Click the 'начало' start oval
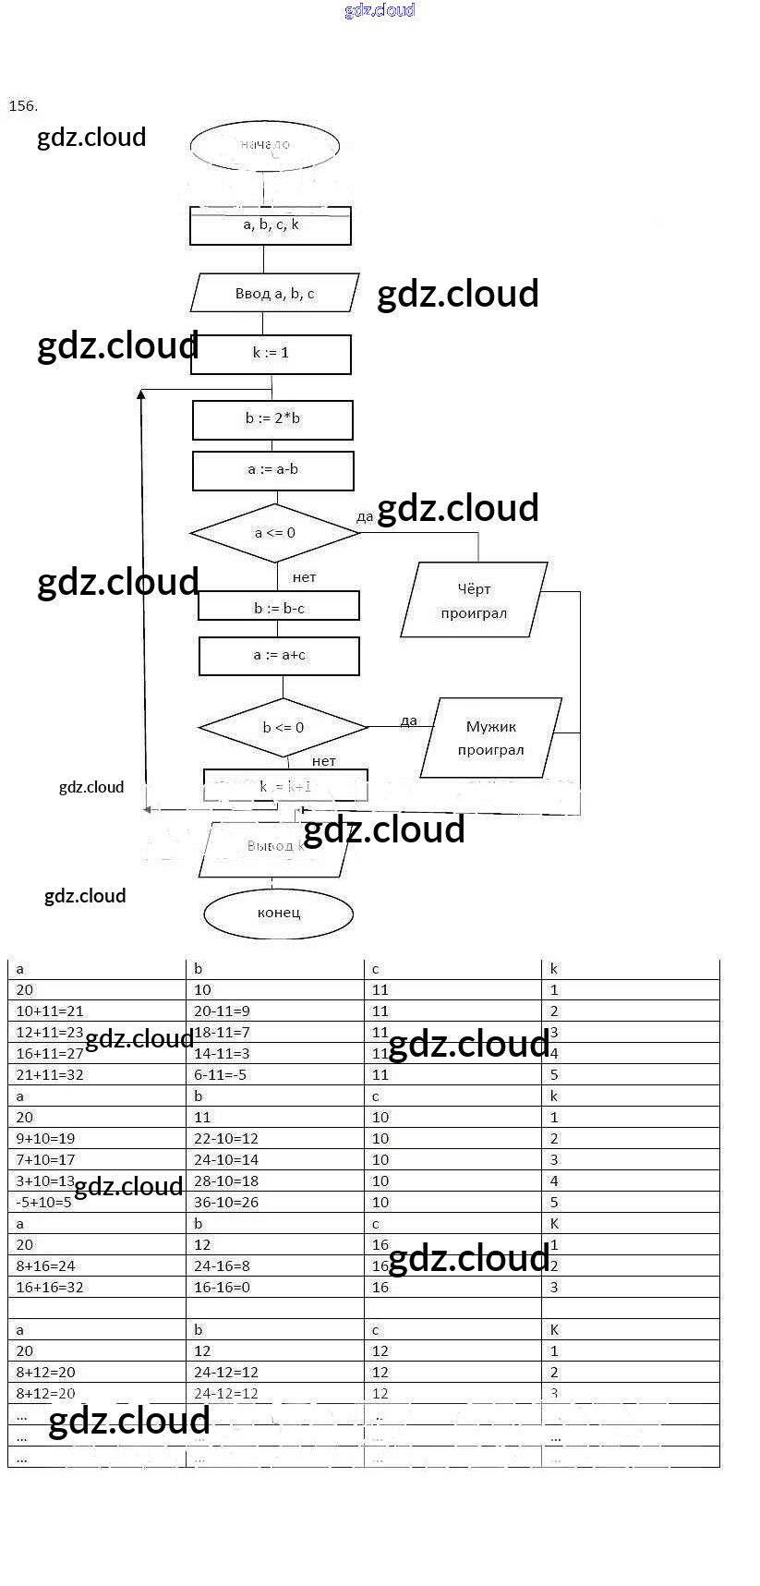point(265,145)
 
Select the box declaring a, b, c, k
point(271,225)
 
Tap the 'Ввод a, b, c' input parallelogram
point(274,294)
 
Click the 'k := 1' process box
point(271,354)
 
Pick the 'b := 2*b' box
point(272,419)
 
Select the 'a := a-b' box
point(272,470)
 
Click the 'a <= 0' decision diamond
point(274,533)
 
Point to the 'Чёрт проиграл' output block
point(474,600)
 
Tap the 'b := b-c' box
point(279,607)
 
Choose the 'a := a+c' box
point(279,656)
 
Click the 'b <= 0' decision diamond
point(283,728)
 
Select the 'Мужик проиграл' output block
point(490,738)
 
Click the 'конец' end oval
point(279,914)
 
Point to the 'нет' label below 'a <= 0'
point(304,578)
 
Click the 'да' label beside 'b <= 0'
point(409,721)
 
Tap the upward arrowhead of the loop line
point(141,395)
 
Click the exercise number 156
point(23,106)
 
